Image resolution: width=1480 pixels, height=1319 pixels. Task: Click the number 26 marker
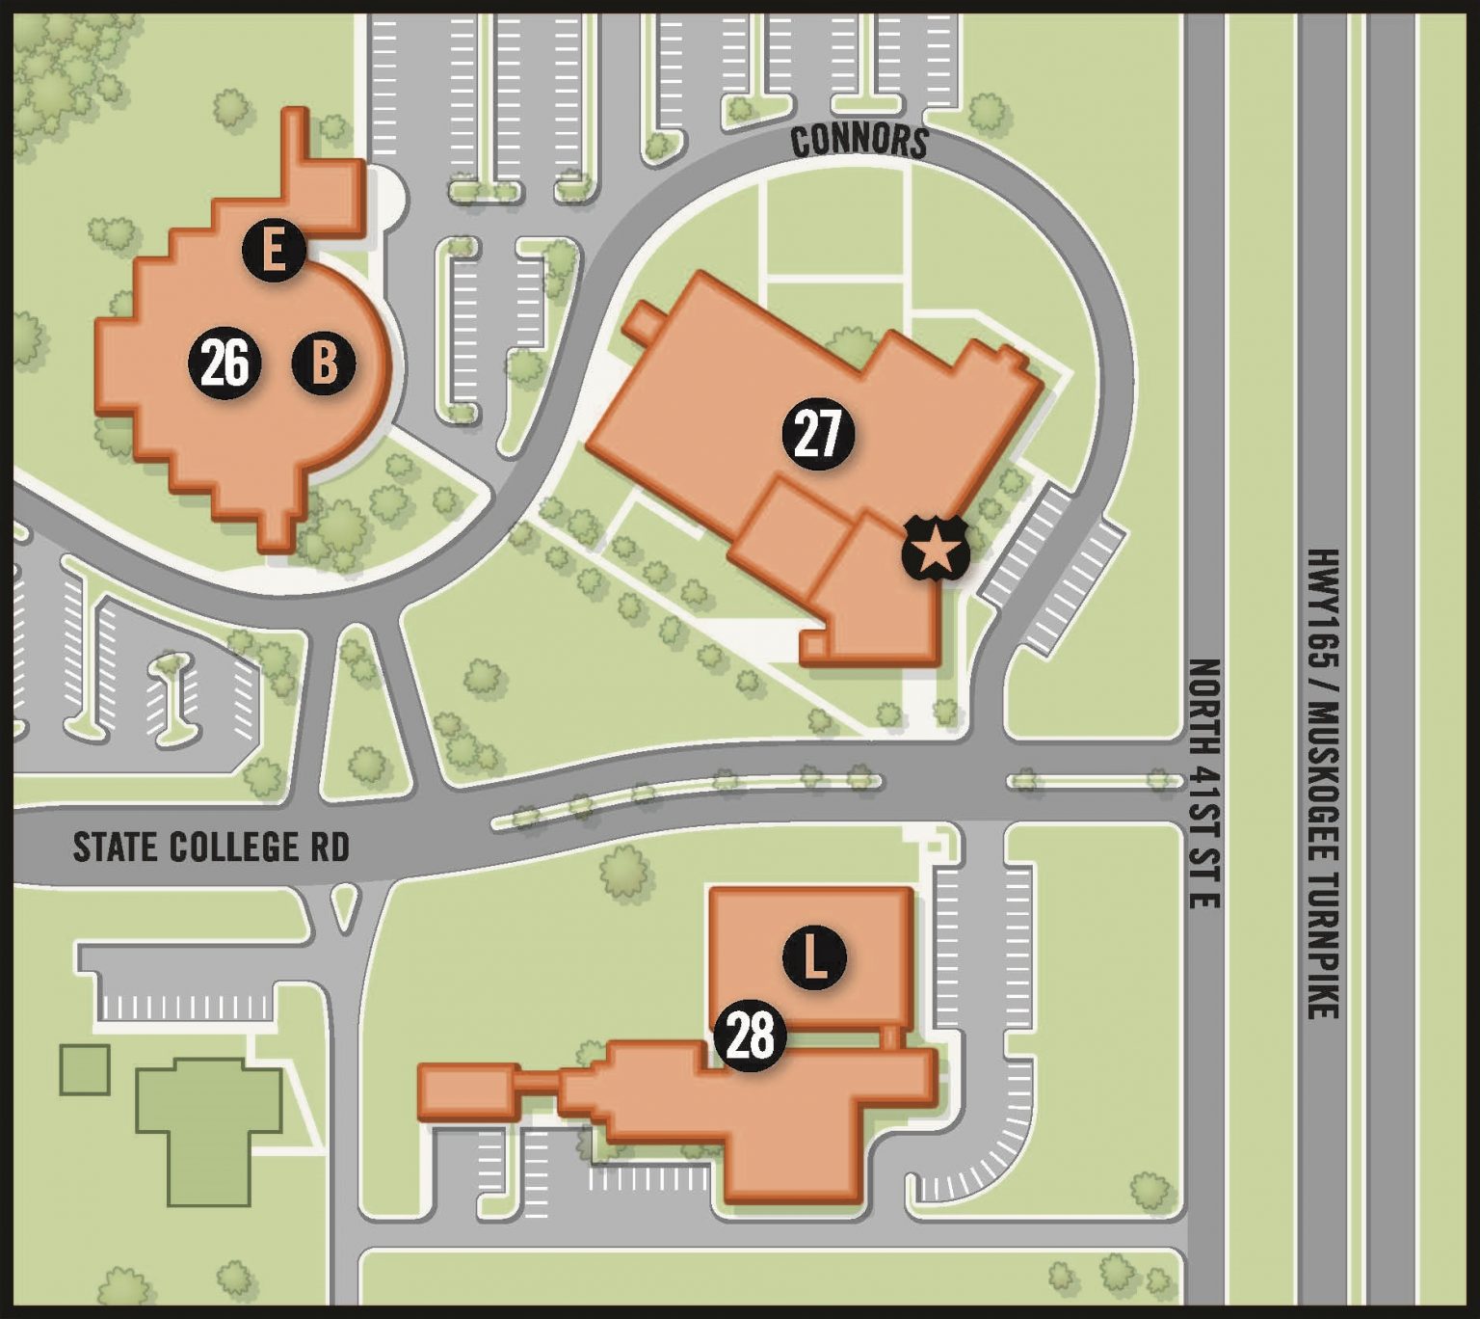pyautogui.click(x=225, y=363)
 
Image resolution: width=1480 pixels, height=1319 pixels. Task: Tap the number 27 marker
pyautogui.click(x=818, y=435)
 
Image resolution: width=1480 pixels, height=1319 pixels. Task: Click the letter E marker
pyautogui.click(x=274, y=251)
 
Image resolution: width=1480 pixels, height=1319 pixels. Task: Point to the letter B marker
pyautogui.click(x=324, y=363)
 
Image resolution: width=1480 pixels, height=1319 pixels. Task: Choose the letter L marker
pyautogui.click(x=814, y=958)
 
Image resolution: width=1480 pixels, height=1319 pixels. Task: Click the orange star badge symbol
pyautogui.click(x=934, y=552)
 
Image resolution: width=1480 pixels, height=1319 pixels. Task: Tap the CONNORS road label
pyautogui.click(x=859, y=141)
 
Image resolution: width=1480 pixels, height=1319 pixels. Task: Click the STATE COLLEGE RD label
pyautogui.click(x=211, y=848)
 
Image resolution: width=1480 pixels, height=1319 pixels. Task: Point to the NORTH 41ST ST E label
pyautogui.click(x=1203, y=783)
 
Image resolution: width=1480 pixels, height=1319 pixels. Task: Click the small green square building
pyautogui.click(x=85, y=1069)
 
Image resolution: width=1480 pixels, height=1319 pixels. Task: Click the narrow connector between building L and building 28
pyautogui.click(x=891, y=1037)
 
